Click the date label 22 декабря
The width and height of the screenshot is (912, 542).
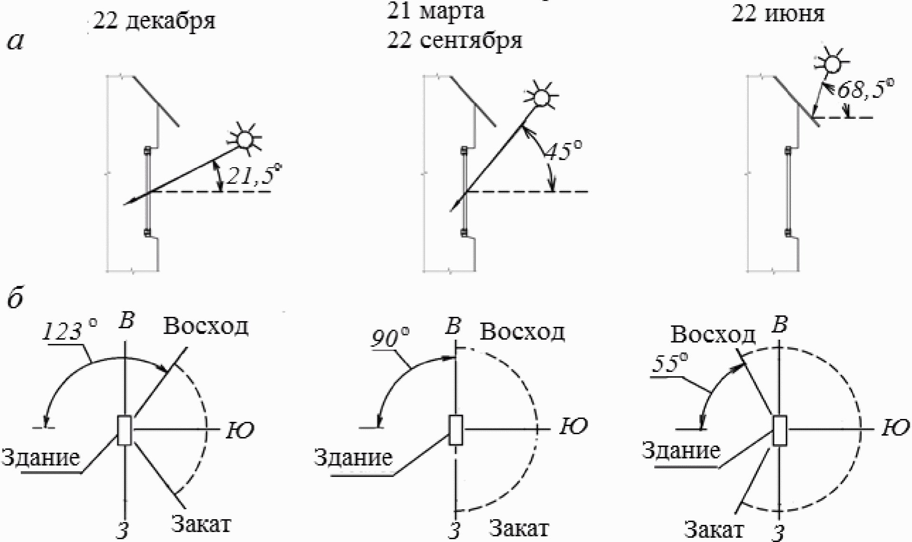click(154, 22)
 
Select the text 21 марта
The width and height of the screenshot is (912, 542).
click(435, 12)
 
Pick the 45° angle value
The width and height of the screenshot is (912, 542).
click(563, 151)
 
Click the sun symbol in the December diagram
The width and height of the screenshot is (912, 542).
click(245, 139)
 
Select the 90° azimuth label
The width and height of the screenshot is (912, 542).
click(390, 339)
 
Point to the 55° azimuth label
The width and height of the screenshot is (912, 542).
click(670, 363)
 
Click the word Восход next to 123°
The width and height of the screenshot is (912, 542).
click(206, 326)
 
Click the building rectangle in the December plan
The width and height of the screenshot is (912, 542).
click(124, 430)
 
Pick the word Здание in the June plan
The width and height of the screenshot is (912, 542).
click(681, 450)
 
